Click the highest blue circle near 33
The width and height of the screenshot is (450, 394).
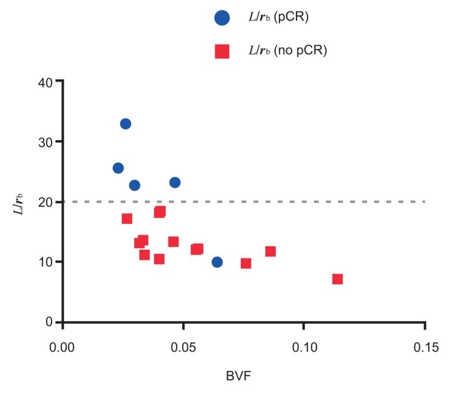pos(125,124)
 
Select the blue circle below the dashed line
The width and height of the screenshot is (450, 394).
pos(217,262)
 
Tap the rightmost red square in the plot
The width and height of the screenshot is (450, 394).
pos(337,279)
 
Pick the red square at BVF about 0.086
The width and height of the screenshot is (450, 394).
pos(270,252)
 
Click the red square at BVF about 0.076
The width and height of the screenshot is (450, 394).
pos(246,263)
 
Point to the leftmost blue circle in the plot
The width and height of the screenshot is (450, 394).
pos(118,168)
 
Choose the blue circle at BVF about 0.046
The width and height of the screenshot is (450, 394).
pos(175,182)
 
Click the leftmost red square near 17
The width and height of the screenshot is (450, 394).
pos(127,219)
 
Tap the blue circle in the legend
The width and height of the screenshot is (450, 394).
pos(221,18)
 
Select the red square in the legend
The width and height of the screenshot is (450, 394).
pos(221,52)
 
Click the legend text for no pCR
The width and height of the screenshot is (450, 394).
pos(287,51)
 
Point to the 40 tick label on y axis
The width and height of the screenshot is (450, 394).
pos(45,81)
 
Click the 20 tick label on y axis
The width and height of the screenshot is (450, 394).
pos(45,202)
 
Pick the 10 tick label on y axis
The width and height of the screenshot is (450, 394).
pos(45,262)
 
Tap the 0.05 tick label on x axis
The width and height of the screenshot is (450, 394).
pos(183,347)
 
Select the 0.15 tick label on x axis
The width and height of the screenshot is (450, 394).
pos(425,347)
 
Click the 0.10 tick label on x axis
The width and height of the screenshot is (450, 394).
pos(304,347)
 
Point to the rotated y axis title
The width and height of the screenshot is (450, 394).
pos(19,202)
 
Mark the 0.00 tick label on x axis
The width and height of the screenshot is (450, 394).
pos(63,347)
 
